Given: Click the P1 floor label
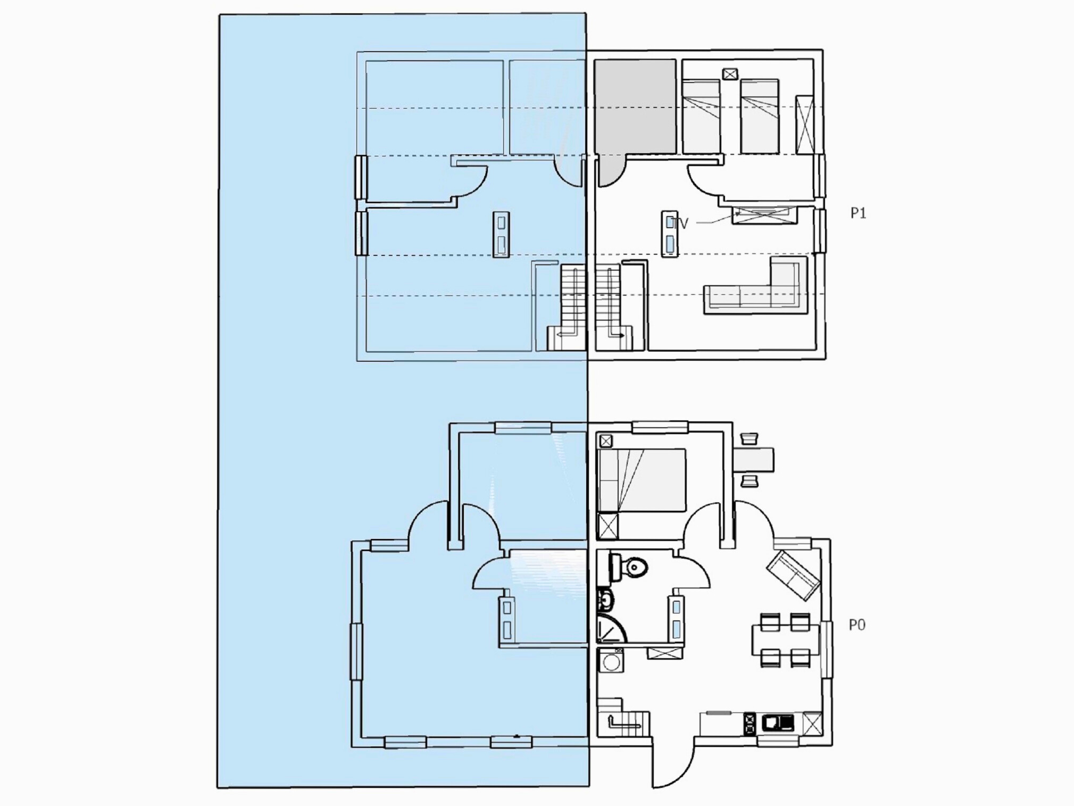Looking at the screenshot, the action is coord(858,213).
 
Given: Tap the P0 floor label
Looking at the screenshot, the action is coord(857,625).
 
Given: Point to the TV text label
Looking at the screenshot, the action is coord(680,223).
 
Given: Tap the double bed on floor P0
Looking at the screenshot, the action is coord(642,480).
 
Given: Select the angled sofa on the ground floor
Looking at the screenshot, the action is coord(793,575).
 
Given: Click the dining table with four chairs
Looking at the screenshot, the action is coord(786,640).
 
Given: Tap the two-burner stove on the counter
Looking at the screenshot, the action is coord(750,724).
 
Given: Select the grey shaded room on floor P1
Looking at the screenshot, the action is coord(635,106).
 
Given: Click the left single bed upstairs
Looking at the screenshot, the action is coord(702,117).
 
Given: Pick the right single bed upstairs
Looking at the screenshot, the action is coord(760,117).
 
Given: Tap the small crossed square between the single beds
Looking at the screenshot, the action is coord(730,74).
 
